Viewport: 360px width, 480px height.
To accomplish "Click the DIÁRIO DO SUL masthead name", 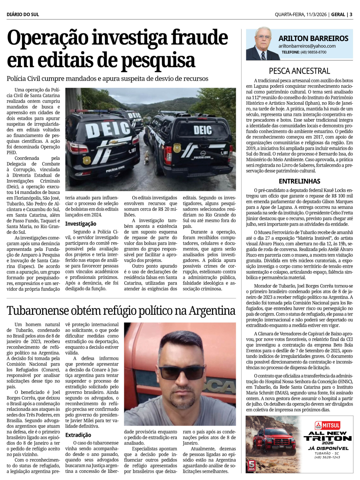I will (23, 14).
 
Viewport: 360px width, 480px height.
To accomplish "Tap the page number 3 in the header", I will (351, 14).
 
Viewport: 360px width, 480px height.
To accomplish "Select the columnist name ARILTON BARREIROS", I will (313, 38).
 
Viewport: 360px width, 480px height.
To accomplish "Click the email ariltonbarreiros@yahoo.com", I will (307, 46).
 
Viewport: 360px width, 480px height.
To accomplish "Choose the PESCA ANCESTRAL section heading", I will (299, 71).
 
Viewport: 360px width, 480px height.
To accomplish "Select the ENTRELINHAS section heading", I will (299, 181).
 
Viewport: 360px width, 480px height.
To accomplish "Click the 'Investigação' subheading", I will (80, 223).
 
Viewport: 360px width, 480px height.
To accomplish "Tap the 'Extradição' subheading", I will (78, 435).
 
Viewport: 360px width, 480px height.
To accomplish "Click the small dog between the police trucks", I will (147, 158).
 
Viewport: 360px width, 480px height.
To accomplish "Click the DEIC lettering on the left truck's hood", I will (108, 130).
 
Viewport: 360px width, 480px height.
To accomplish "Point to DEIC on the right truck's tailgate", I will (202, 130).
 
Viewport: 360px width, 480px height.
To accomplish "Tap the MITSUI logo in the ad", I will (328, 425).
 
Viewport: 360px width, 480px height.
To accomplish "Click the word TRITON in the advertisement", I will (328, 438).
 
